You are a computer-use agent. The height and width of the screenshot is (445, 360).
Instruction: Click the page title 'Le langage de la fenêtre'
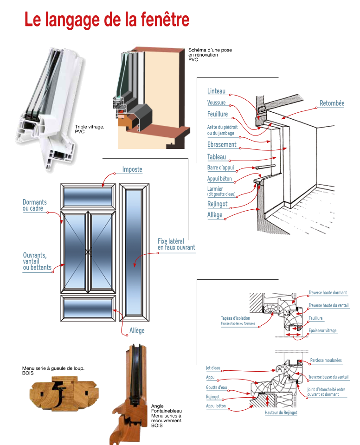107,19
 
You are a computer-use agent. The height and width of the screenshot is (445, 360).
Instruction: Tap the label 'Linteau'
216,91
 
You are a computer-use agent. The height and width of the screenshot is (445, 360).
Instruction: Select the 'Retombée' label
332,103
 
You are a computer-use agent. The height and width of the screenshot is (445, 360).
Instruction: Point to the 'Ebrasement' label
222,144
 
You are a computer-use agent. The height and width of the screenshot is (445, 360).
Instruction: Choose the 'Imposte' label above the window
132,170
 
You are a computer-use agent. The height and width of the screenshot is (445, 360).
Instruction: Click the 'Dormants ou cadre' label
35,206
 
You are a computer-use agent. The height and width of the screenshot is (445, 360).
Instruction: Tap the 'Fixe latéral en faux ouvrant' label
176,245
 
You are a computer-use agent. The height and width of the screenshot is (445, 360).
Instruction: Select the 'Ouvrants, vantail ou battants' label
37,261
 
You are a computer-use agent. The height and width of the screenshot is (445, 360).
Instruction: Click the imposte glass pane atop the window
89,197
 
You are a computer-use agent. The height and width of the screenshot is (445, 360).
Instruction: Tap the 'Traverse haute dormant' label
328,293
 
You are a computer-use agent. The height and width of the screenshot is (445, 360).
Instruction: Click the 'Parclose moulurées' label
326,361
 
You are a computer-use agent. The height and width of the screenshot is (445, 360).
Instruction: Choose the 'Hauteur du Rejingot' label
281,413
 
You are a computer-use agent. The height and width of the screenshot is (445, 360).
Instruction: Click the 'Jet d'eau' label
213,368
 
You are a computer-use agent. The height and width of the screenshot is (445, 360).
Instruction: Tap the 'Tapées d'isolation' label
235,318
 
